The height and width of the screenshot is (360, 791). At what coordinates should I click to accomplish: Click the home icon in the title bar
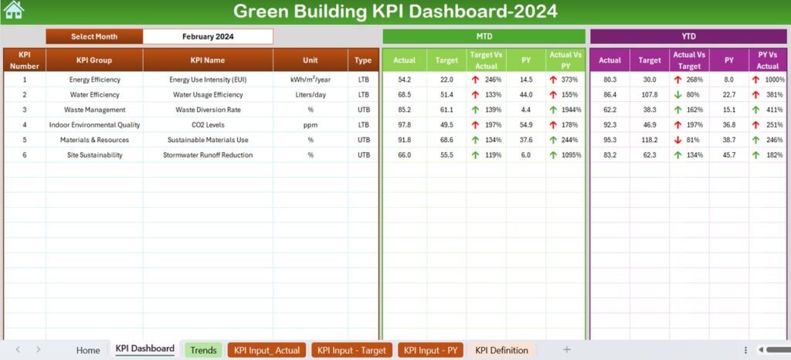(x=13, y=10)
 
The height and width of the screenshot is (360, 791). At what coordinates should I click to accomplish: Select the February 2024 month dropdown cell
(x=208, y=36)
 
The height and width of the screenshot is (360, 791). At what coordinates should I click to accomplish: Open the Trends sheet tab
(x=203, y=350)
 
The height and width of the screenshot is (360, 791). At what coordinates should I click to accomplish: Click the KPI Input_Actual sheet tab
(x=267, y=350)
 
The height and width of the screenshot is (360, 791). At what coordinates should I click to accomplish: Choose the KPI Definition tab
(x=501, y=350)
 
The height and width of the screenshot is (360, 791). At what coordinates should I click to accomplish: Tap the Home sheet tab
(x=88, y=350)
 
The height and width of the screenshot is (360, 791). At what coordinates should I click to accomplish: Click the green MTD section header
(x=484, y=36)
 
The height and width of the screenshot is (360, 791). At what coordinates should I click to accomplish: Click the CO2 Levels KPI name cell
(x=207, y=124)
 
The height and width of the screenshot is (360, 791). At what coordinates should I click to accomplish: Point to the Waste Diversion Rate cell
(x=207, y=110)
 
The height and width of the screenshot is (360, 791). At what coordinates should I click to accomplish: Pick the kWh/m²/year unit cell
(x=311, y=80)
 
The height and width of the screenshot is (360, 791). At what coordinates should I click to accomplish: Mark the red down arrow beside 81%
(x=677, y=140)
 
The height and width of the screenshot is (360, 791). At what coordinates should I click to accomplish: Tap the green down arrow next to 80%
(x=677, y=94)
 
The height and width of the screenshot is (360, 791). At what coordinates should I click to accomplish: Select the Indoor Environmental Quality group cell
(x=94, y=124)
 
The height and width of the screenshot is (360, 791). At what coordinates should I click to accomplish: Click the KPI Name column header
(x=207, y=60)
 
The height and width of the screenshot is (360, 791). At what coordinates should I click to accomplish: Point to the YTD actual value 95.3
(x=609, y=140)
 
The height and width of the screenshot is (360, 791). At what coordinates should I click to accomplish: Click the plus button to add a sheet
(x=567, y=350)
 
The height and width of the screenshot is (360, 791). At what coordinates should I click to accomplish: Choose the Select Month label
(x=94, y=36)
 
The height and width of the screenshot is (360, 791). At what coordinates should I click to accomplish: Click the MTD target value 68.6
(x=446, y=140)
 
